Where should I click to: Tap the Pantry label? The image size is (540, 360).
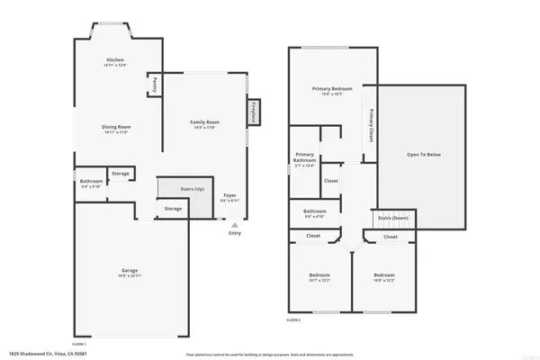tap(155, 84)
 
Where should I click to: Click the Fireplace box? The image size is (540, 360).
tap(254, 112)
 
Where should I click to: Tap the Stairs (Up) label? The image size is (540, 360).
tap(191, 189)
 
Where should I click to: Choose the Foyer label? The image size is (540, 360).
tap(229, 195)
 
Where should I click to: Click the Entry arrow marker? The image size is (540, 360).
tap(235, 225)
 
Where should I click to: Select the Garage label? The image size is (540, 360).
tap(130, 270)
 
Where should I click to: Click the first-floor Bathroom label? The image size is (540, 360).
tap(92, 182)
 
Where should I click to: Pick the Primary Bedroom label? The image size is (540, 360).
tap(331, 88)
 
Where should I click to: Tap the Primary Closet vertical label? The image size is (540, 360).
tap(371, 125)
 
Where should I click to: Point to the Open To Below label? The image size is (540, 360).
tap(423, 154)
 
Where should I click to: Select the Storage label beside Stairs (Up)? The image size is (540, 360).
tap(173, 209)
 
